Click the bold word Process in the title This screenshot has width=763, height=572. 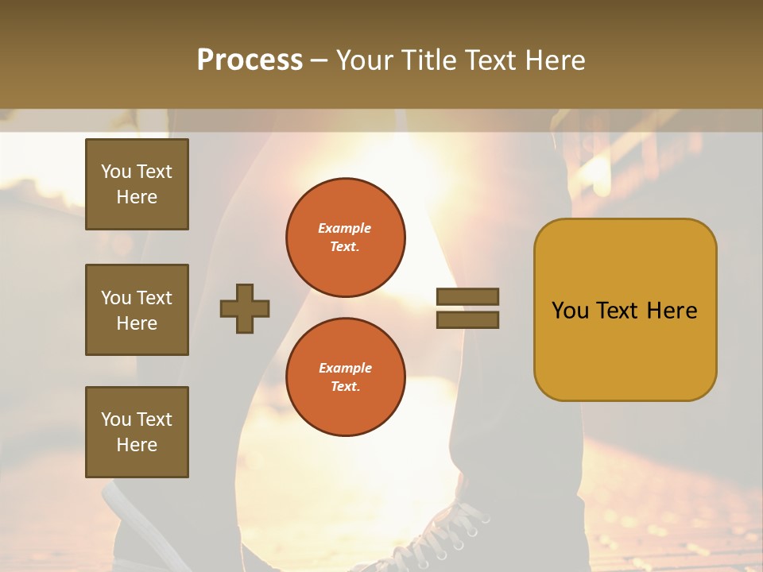tap(250, 60)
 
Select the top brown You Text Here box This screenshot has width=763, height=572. tap(137, 184)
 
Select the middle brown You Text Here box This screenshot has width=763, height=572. tap(137, 310)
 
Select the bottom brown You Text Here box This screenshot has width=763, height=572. tap(137, 432)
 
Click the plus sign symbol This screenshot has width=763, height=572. tap(245, 308)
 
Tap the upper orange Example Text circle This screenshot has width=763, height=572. tap(346, 238)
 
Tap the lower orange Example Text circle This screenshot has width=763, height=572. tap(346, 377)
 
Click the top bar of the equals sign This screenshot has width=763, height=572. tap(467, 296)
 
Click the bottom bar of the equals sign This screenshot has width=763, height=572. tap(467, 320)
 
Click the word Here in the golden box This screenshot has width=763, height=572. tap(672, 311)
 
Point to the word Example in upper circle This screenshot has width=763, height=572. tap(345, 228)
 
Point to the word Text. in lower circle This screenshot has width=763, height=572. tap(345, 387)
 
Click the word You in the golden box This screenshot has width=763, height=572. tap(569, 311)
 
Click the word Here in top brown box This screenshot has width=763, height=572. tap(137, 197)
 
